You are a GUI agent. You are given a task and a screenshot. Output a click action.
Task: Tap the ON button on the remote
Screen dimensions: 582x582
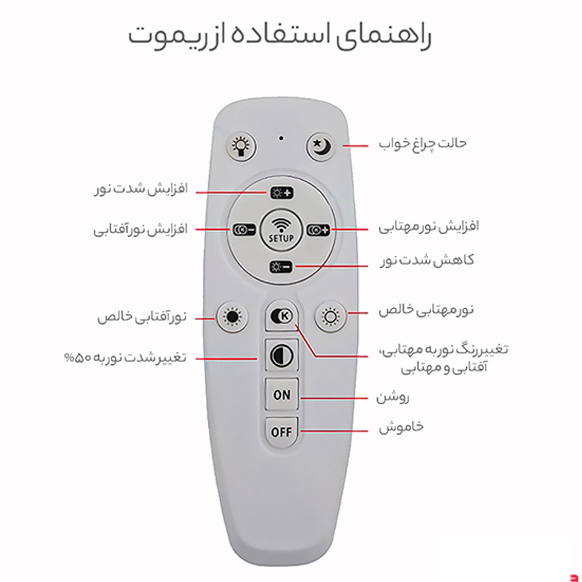pyautogui.click(x=282, y=395)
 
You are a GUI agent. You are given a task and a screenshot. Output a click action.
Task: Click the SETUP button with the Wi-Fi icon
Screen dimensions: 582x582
pyautogui.click(x=281, y=230)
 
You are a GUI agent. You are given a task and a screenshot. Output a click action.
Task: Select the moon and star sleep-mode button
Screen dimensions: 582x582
pyautogui.click(x=322, y=146)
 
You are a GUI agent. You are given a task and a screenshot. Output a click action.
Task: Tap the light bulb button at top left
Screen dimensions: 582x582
pyautogui.click(x=241, y=146)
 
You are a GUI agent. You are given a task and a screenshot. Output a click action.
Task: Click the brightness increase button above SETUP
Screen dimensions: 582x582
pyautogui.click(x=281, y=193)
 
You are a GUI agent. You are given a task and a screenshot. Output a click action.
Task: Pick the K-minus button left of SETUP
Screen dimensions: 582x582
pyautogui.click(x=243, y=230)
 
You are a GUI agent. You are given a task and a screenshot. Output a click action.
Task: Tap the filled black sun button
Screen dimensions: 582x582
pyautogui.click(x=232, y=317)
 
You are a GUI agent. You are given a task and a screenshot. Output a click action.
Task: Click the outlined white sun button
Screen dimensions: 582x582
pyautogui.click(x=330, y=317)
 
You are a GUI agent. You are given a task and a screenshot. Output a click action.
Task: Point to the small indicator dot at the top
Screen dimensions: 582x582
pyautogui.click(x=282, y=136)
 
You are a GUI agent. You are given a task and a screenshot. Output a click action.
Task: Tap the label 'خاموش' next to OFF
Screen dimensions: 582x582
pyautogui.click(x=401, y=427)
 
